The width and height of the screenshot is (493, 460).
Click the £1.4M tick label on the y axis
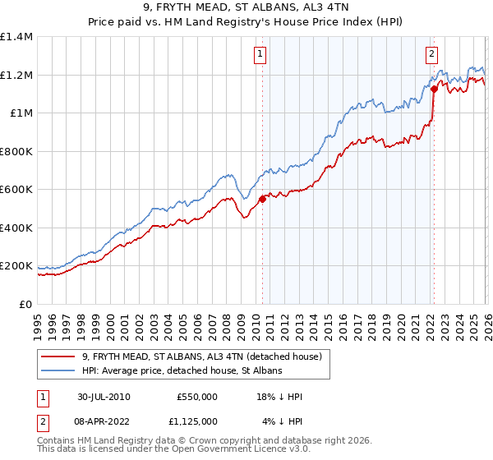pos(16,37)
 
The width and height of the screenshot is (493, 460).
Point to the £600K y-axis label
pos(16,190)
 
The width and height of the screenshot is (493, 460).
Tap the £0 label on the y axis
pos(26,305)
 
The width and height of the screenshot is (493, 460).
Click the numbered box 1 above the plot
pos(260,55)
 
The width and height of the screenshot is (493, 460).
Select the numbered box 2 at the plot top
pos(431,55)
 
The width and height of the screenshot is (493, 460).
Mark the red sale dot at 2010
pos(262,199)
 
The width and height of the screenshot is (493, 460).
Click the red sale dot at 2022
pos(433,89)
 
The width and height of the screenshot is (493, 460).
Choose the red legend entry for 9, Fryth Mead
pos(205,356)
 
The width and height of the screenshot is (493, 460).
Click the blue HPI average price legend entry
pos(182,371)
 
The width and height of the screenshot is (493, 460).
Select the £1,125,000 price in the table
pos(196,422)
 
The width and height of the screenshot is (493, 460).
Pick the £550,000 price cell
pos(196,396)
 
